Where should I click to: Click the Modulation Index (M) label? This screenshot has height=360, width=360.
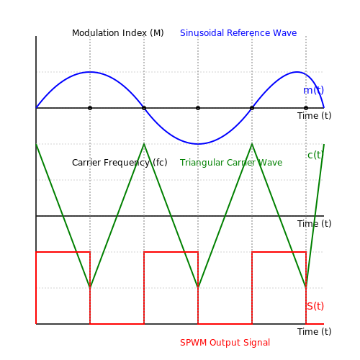pos(118,33)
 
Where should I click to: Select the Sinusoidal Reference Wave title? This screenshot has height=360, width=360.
pos(238,33)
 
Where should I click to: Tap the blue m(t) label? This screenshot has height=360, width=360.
pos(313,90)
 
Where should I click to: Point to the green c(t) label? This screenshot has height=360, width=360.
pos(315,155)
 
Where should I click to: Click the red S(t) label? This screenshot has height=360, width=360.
pos(315,306)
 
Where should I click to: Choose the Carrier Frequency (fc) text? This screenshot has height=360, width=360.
pos(120,163)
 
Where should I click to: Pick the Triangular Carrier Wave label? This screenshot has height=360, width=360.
pos(231,163)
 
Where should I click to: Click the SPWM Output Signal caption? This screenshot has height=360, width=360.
pos(225,343)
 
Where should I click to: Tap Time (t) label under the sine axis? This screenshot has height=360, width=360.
pos(314,116)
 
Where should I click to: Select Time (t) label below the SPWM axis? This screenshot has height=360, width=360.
pos(314,332)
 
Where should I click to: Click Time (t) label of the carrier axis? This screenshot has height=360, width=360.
pos(314,224)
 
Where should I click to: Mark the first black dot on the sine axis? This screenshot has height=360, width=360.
pos(90,108)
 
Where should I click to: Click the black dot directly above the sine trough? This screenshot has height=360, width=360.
pos(198,108)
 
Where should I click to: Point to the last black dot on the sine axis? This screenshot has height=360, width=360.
pos(306,108)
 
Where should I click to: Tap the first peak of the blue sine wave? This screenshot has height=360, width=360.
pos(90,72)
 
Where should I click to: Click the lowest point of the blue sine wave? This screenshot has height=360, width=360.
pos(198,144)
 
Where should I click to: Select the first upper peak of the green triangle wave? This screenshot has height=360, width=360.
pos(144,144)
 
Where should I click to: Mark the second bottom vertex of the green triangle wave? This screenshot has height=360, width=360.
pos(198,287)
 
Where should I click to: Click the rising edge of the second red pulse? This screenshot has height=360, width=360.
pos(144,288)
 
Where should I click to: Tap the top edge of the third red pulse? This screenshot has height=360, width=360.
pos(279,252)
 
